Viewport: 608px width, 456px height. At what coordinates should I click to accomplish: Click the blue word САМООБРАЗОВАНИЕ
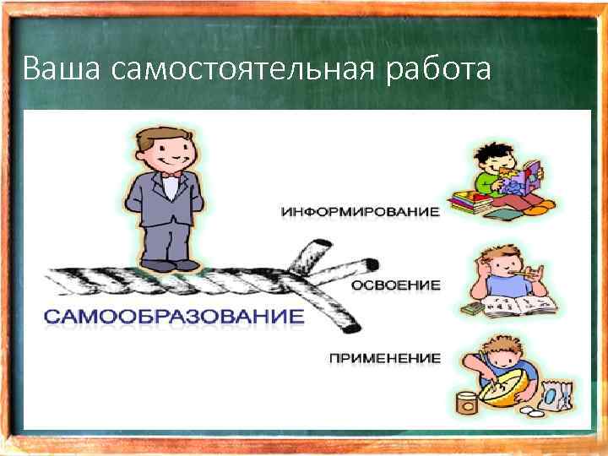tap(173, 318)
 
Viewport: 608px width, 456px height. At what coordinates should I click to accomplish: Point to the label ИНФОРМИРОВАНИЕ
tap(360, 211)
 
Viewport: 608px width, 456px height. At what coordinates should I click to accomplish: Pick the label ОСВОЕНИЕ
tap(395, 285)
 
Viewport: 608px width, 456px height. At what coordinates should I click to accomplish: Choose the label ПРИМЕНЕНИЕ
tap(384, 358)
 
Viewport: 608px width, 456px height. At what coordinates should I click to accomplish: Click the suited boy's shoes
tap(170, 264)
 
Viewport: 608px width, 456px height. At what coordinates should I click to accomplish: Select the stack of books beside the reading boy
tap(469, 204)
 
